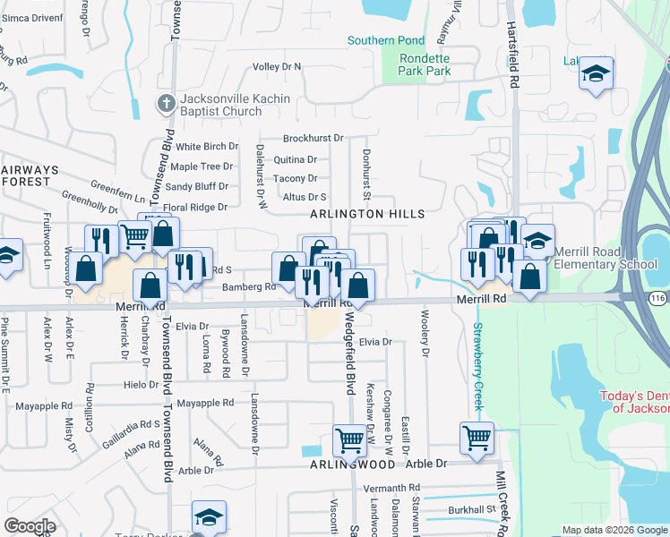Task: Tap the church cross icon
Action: pyautogui.click(x=166, y=104)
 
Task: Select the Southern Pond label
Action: pyautogui.click(x=386, y=40)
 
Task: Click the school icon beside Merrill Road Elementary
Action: pyautogui.click(x=537, y=242)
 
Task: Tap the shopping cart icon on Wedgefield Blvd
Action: pyautogui.click(x=350, y=440)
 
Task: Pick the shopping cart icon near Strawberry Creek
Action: pyautogui.click(x=477, y=439)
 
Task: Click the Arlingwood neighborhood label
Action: pyautogui.click(x=352, y=465)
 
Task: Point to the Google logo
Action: pyautogui.click(x=29, y=526)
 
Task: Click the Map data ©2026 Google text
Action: pyautogui.click(x=614, y=530)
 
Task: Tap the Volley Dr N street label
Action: pyautogui.click(x=277, y=66)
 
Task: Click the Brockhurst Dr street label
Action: pyautogui.click(x=313, y=138)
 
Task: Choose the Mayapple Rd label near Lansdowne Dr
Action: pyautogui.click(x=205, y=404)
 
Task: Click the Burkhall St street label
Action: pyautogui.click(x=472, y=510)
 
